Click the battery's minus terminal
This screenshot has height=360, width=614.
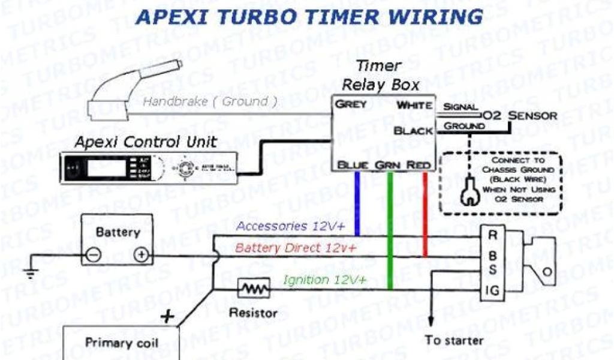93,254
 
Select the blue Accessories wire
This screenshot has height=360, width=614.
357,204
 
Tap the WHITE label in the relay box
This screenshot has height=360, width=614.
415,106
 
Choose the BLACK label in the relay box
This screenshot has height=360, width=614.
413,131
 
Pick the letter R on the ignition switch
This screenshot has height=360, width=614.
492,235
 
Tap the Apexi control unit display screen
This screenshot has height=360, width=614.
105,167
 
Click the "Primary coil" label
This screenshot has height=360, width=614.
122,343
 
